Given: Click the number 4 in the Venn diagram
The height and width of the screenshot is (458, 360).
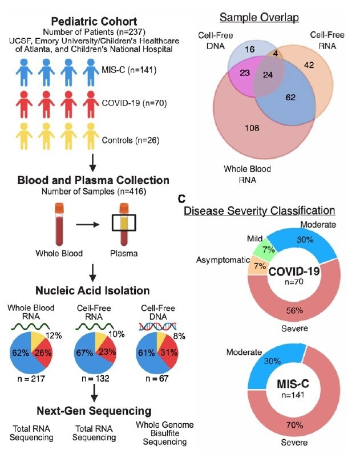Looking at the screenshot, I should point(274,54).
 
